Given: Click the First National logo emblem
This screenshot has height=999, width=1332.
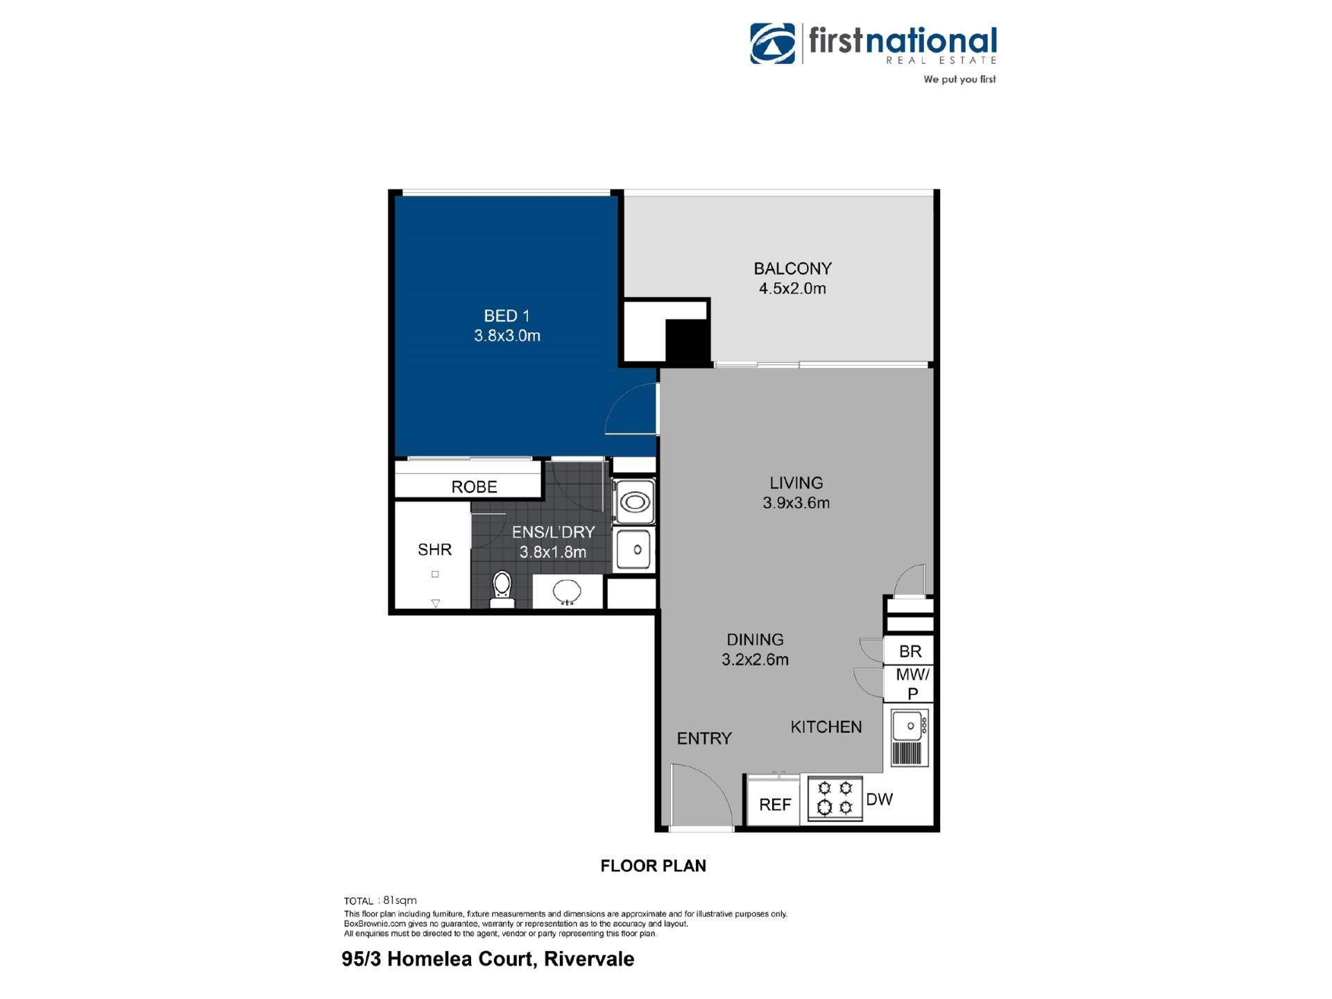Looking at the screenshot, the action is pos(773,43).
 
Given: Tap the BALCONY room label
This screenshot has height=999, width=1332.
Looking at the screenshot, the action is pos(792,268).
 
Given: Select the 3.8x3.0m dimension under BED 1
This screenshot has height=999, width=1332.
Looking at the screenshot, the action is pos(507,336).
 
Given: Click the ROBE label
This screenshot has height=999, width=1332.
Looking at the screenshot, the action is pos(475,487).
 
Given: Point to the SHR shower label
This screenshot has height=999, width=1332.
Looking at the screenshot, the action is pos(435,549).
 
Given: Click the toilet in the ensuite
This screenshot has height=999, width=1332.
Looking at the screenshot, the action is pos(502,589).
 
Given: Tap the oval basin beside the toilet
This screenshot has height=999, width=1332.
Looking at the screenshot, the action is pos(567,592).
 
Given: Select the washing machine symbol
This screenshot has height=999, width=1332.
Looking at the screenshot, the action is pos(634,501).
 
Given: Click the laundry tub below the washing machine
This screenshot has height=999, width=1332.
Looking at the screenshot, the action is pos(633,549).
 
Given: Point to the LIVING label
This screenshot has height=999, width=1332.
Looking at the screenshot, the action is pos(796,483).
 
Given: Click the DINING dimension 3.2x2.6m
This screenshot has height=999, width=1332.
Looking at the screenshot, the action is pos(755,660).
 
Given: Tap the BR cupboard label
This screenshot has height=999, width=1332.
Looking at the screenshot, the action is pos(910,651).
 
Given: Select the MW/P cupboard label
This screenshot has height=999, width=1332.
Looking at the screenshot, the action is pos(913,683).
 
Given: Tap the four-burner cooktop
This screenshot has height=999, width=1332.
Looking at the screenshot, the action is pos(835,798).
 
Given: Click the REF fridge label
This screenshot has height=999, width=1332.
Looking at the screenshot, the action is pos(775,805).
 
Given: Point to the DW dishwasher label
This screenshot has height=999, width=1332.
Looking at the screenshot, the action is pos(880,800).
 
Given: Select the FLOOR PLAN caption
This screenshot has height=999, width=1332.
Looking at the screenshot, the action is pos(654,866).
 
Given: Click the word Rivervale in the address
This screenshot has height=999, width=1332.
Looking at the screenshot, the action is pos(589,959).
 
